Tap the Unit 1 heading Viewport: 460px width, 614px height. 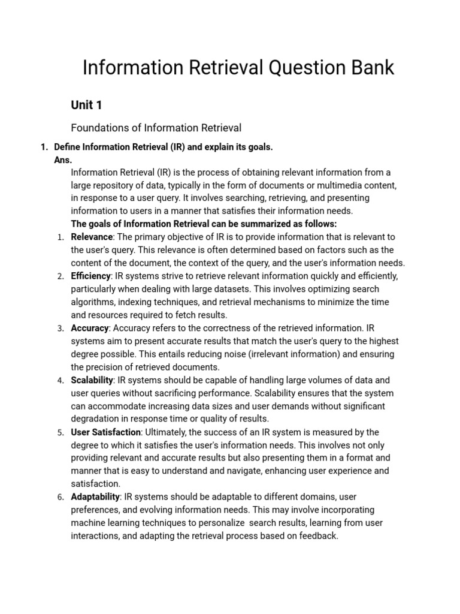click(86, 105)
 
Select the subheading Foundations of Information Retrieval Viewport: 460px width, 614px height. click(156, 128)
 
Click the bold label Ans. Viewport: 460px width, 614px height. click(63, 160)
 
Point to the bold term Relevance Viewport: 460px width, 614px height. click(92, 237)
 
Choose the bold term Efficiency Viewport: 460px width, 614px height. click(91, 276)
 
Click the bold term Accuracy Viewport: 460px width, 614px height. click(90, 328)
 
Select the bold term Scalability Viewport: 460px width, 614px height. click(92, 380)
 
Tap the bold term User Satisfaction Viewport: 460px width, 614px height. click(106, 432)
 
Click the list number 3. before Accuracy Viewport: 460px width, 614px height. click(60, 329)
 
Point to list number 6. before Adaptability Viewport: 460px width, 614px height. click(60, 497)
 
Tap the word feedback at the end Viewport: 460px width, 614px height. click(318, 535)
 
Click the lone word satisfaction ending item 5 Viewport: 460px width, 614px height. click(96, 483)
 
